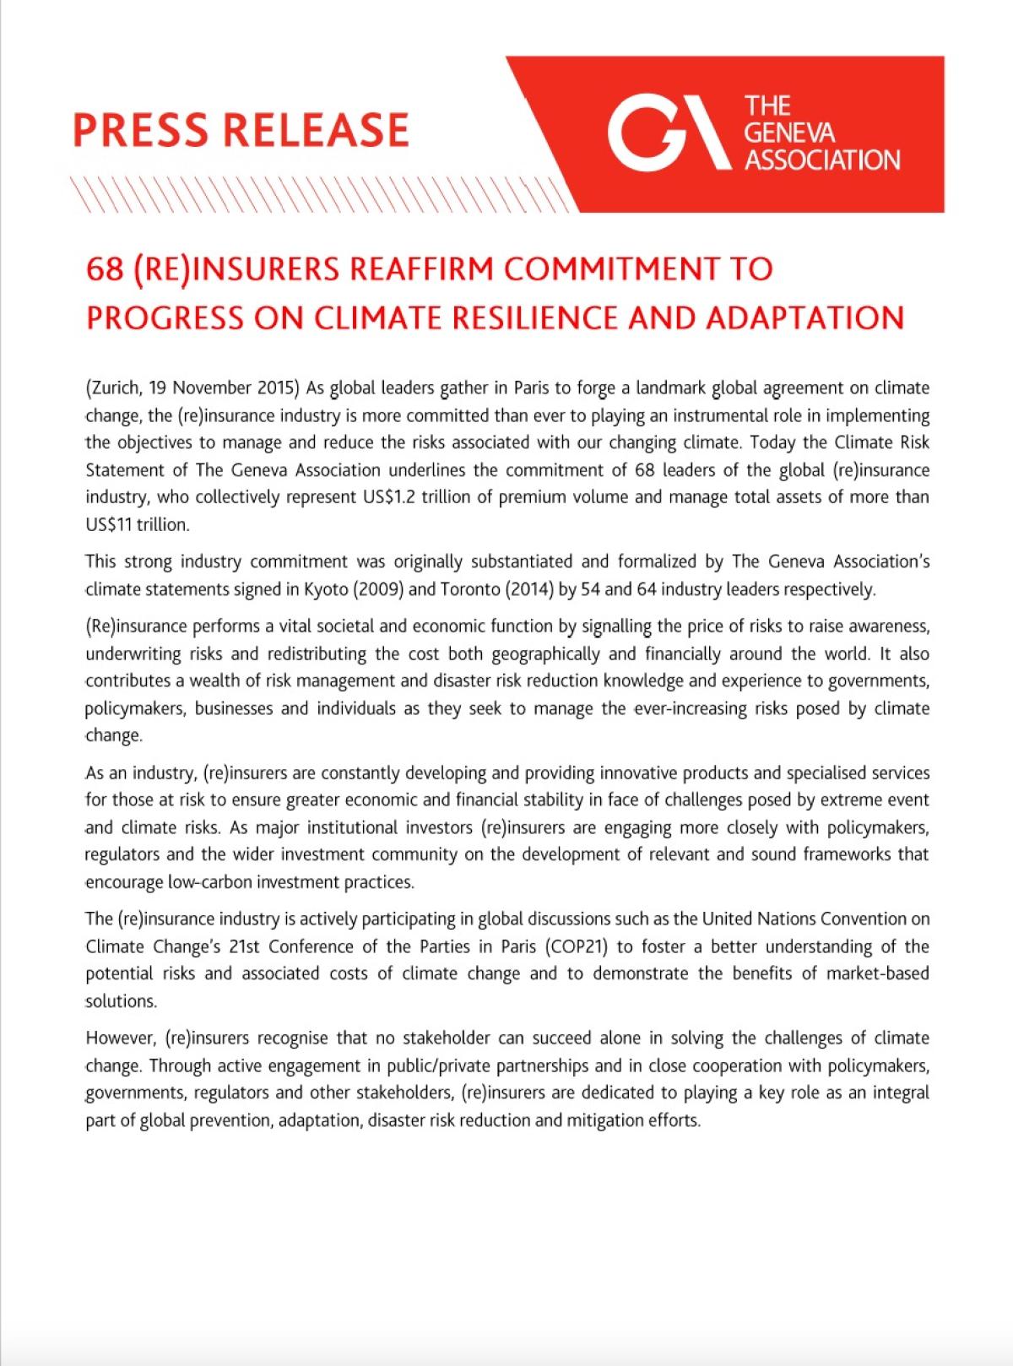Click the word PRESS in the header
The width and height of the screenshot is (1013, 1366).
pos(139,130)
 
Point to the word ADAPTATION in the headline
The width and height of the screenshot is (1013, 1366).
pos(805,317)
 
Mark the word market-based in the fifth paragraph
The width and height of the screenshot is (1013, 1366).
pos(877,973)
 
